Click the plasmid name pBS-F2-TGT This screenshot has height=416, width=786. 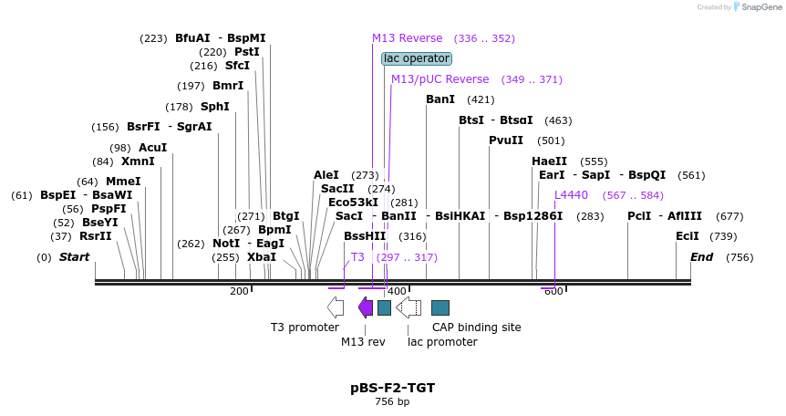pyautogui.click(x=392, y=388)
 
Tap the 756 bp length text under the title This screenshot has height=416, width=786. pyautogui.click(x=392, y=401)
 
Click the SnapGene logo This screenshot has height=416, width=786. pyautogui.click(x=757, y=7)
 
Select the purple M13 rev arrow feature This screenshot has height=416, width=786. pyautogui.click(x=366, y=307)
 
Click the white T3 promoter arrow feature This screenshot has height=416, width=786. pyautogui.click(x=336, y=307)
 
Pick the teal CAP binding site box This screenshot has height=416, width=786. pyautogui.click(x=440, y=307)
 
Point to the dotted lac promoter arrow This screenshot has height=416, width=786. pyautogui.click(x=409, y=307)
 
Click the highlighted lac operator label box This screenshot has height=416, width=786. pyautogui.click(x=416, y=58)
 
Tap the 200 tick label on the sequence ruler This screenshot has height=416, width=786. pyautogui.click(x=239, y=291)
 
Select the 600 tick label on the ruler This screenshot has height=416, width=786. pyautogui.click(x=553, y=291)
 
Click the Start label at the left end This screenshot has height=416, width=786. pyautogui.click(x=74, y=257)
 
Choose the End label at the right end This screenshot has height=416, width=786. pyautogui.click(x=701, y=257)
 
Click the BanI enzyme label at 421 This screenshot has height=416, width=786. pyautogui.click(x=440, y=99)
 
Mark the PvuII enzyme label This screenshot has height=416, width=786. pyautogui.click(x=506, y=140)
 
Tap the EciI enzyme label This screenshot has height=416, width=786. pyautogui.click(x=687, y=236)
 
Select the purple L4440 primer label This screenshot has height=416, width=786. pyautogui.click(x=572, y=195)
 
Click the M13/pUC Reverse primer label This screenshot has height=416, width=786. pyautogui.click(x=440, y=79)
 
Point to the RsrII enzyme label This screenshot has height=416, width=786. pyautogui.click(x=95, y=236)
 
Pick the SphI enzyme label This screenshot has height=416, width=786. pyautogui.click(x=215, y=107)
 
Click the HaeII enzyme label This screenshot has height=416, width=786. pyautogui.click(x=550, y=161)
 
